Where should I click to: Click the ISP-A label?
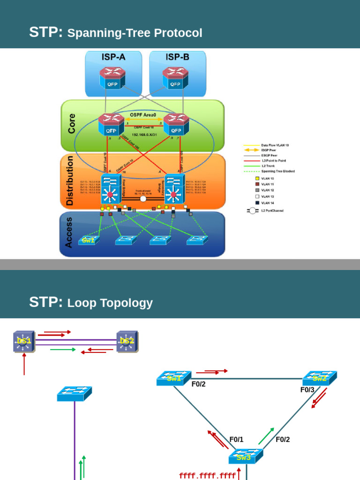tap(113, 57)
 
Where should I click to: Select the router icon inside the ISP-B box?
tap(175, 78)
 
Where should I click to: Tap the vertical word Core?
tap(71, 123)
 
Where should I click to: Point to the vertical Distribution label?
tap(70, 181)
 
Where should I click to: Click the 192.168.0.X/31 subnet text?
tap(144, 135)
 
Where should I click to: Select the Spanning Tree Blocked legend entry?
tap(277, 171)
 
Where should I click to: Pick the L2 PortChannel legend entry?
tap(272, 210)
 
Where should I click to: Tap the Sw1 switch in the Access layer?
tap(89, 240)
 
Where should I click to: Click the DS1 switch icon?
tap(24, 341)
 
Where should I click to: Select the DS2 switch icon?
tap(127, 341)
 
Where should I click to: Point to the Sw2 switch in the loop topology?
tap(319, 378)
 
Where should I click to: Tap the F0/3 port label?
tap(307, 390)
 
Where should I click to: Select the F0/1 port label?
tap(236, 440)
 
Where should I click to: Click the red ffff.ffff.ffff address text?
tap(207, 476)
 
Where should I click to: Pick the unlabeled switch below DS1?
tap(75, 394)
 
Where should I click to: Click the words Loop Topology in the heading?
tap(110, 303)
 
